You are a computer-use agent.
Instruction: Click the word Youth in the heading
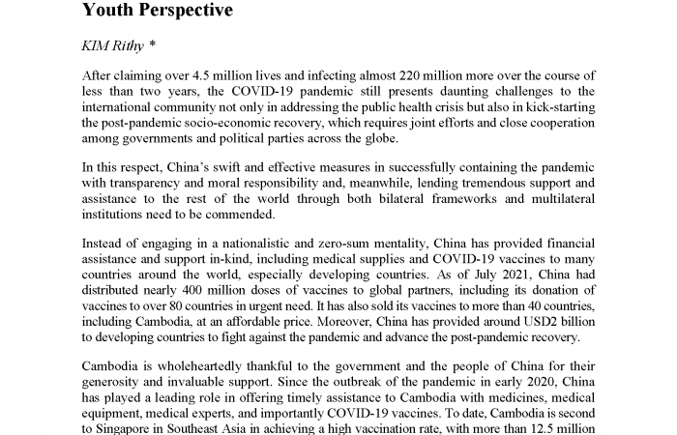109,11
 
